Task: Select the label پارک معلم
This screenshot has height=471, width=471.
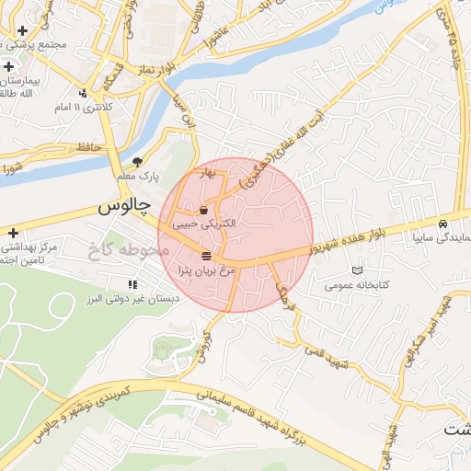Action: [138, 176]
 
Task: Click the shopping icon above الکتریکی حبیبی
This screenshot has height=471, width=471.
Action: [202, 211]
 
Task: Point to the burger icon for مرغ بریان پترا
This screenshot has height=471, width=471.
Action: [207, 256]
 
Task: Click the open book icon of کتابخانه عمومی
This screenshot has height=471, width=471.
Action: [357, 270]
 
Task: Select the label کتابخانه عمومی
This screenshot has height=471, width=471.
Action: [358, 285]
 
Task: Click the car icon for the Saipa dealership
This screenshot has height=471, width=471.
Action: [443, 224]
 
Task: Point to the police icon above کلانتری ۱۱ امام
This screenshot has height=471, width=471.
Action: [84, 92]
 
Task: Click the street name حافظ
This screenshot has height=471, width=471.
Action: [89, 147]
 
